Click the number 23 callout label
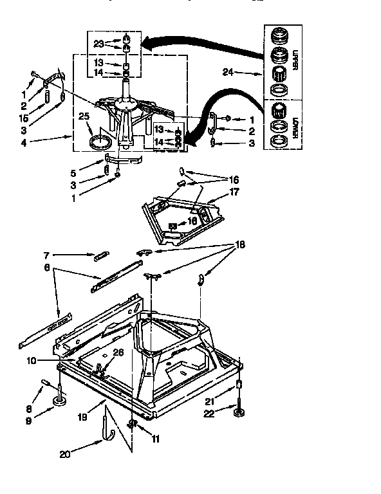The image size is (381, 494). point(98,44)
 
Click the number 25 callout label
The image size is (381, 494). point(83,116)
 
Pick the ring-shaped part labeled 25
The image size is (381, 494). point(97,141)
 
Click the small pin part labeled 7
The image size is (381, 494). point(102,256)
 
